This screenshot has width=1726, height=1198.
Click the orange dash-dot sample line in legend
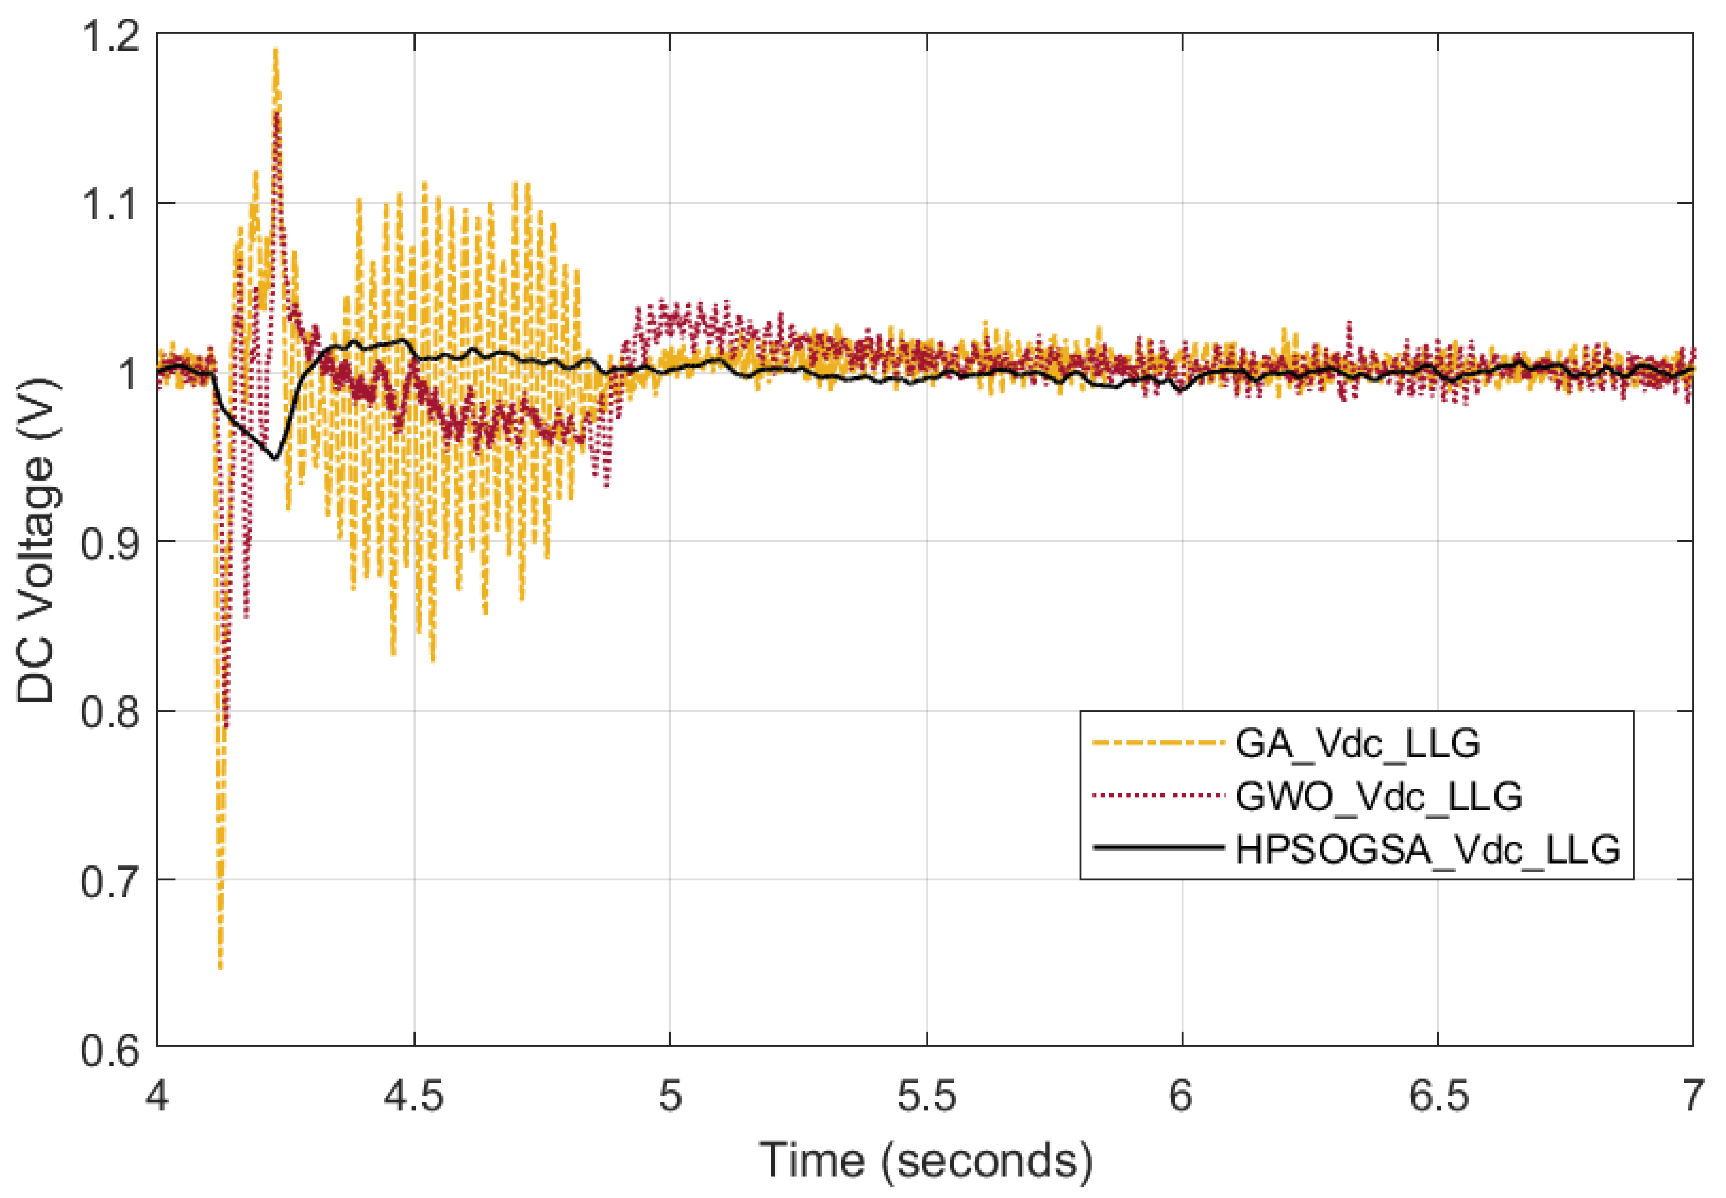(x=1159, y=743)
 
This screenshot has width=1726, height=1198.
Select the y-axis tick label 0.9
(x=111, y=543)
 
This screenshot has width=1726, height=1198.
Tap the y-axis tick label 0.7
(x=111, y=881)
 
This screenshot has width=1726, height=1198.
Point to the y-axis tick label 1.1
(x=111, y=204)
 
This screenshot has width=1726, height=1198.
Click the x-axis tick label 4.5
(x=413, y=1096)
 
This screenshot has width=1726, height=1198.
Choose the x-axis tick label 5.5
(x=927, y=1096)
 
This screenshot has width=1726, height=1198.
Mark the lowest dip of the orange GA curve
(x=220, y=967)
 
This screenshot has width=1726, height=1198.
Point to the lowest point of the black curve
(x=275, y=458)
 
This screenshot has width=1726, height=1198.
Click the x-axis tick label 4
(x=157, y=1096)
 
